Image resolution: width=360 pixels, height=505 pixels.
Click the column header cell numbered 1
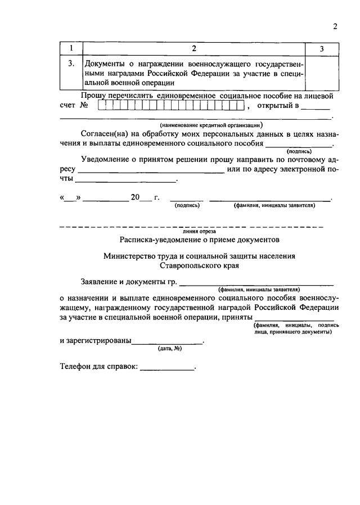tap(70, 49)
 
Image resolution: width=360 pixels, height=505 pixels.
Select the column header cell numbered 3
tap(321, 49)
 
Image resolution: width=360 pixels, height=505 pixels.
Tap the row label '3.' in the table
tap(71, 64)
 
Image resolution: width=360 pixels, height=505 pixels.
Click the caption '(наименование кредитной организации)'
tap(211, 125)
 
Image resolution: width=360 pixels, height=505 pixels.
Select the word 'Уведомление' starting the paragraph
tap(109, 159)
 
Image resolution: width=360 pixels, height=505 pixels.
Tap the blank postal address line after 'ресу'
tap(151, 171)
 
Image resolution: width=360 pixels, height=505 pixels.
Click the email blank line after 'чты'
tap(125, 181)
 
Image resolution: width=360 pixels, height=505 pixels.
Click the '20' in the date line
tap(135, 197)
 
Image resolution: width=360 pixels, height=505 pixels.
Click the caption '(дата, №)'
tap(169, 349)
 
